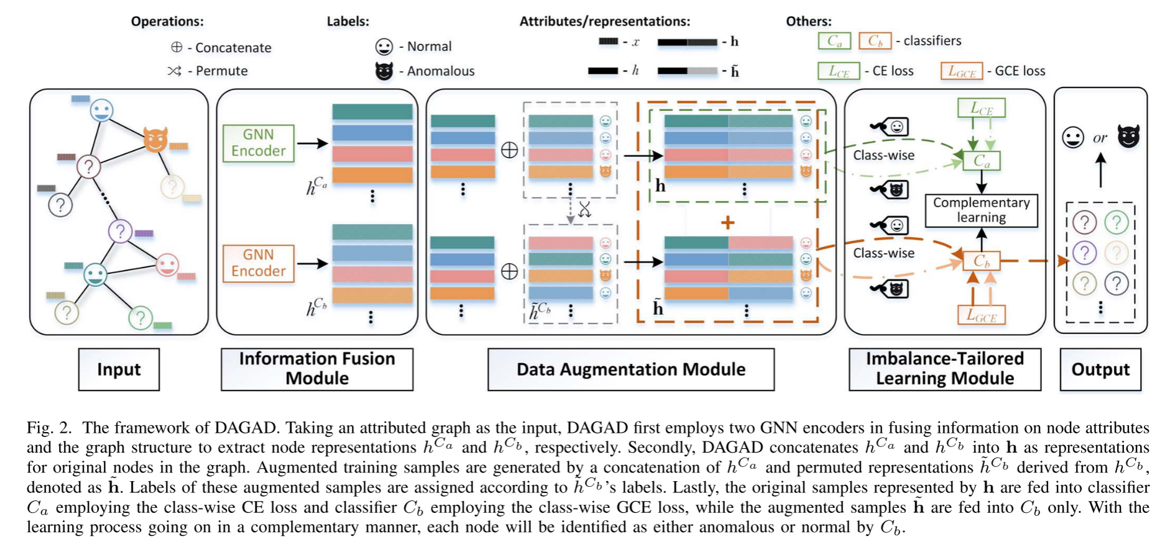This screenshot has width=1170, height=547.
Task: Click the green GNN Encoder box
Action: (x=258, y=143)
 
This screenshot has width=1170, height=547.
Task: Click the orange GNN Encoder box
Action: (x=258, y=263)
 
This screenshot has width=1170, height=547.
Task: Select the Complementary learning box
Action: (x=981, y=210)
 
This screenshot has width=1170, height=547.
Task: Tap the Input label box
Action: (x=119, y=369)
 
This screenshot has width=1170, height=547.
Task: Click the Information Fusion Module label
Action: (x=317, y=369)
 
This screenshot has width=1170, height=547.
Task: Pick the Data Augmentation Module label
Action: (x=630, y=369)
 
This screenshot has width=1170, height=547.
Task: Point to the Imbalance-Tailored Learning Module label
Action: (x=944, y=369)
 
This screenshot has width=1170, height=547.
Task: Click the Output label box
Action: (x=1100, y=369)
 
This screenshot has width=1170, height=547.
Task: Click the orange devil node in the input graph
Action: (x=155, y=139)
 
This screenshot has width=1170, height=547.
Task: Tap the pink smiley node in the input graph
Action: (x=167, y=265)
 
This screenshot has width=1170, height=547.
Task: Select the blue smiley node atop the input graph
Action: (x=101, y=111)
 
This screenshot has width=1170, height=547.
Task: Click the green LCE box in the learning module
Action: (x=981, y=109)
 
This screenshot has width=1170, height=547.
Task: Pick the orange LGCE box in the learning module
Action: (x=981, y=315)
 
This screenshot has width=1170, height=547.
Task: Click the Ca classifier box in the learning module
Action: (x=981, y=161)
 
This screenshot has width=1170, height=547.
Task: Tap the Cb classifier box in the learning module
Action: (x=981, y=261)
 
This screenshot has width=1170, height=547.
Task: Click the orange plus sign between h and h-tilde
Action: (x=727, y=222)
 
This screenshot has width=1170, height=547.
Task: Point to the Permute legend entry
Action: (x=208, y=71)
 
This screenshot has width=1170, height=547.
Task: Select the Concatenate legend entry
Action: (x=221, y=47)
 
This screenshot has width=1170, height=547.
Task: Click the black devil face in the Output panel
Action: (x=1128, y=137)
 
